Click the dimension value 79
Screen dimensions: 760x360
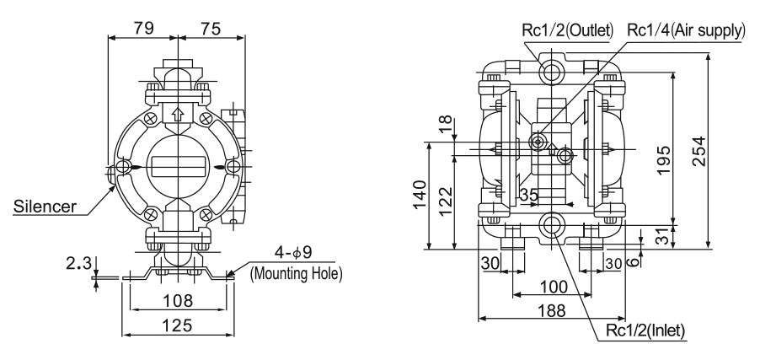[x=143, y=28]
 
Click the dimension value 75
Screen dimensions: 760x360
[x=210, y=29]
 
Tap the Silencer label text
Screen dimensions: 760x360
[x=45, y=207]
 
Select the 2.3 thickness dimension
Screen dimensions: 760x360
[x=78, y=263]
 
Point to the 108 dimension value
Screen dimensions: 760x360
[x=178, y=301]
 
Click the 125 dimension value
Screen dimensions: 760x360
[x=178, y=325]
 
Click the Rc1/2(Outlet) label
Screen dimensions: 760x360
[x=568, y=30]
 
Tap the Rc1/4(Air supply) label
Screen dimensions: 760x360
[x=686, y=30]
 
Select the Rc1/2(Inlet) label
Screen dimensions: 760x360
[x=645, y=330]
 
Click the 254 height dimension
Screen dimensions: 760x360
[x=698, y=152]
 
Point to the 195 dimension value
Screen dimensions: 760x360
[x=664, y=160]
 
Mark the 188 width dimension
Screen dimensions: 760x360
[x=552, y=310]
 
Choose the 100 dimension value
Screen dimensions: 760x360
[x=553, y=287]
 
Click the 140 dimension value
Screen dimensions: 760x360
[x=420, y=195]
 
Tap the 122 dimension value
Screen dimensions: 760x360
[x=445, y=203]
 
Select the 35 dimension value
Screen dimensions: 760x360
[x=528, y=195]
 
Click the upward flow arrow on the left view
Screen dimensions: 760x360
[x=178, y=114]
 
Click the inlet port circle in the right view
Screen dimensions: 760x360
[x=552, y=224]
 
